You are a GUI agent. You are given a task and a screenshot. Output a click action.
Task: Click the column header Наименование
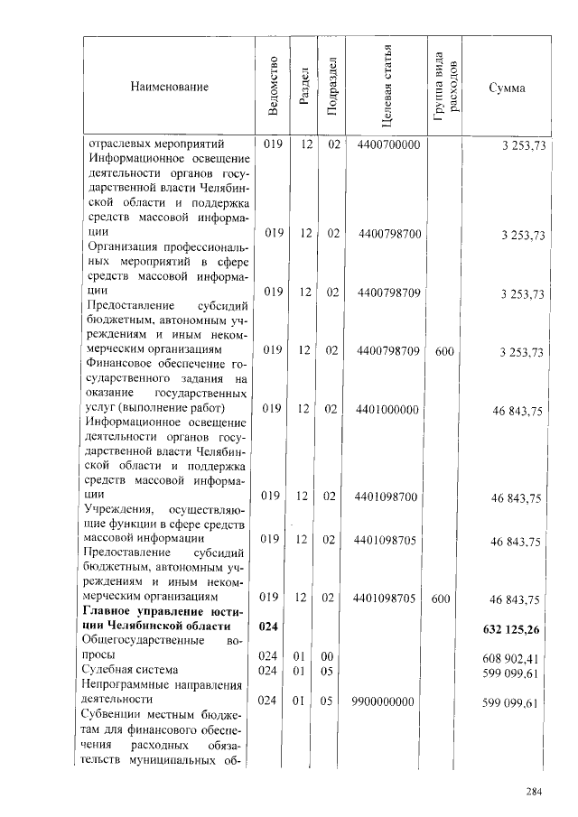169,87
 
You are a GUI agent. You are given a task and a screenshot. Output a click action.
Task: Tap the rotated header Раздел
305,88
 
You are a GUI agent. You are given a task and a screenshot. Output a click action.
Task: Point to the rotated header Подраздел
332,87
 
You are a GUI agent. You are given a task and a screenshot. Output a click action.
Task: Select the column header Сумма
507,88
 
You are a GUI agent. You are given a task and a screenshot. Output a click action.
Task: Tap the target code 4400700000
388,145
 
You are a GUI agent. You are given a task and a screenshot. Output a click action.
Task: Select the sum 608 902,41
512,658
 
